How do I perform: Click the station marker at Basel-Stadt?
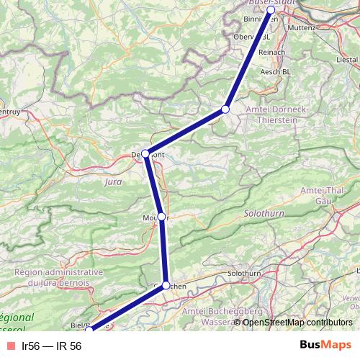coord(271,10)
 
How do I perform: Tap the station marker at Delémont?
coord(145,153)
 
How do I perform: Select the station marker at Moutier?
coord(162,217)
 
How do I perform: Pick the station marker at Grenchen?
coord(166,285)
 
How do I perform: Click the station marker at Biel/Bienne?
coord(89,330)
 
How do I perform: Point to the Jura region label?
coord(113,182)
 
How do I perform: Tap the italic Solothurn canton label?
coord(264,215)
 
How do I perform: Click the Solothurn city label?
coord(243,274)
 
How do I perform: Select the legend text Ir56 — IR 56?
coord(52,346)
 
